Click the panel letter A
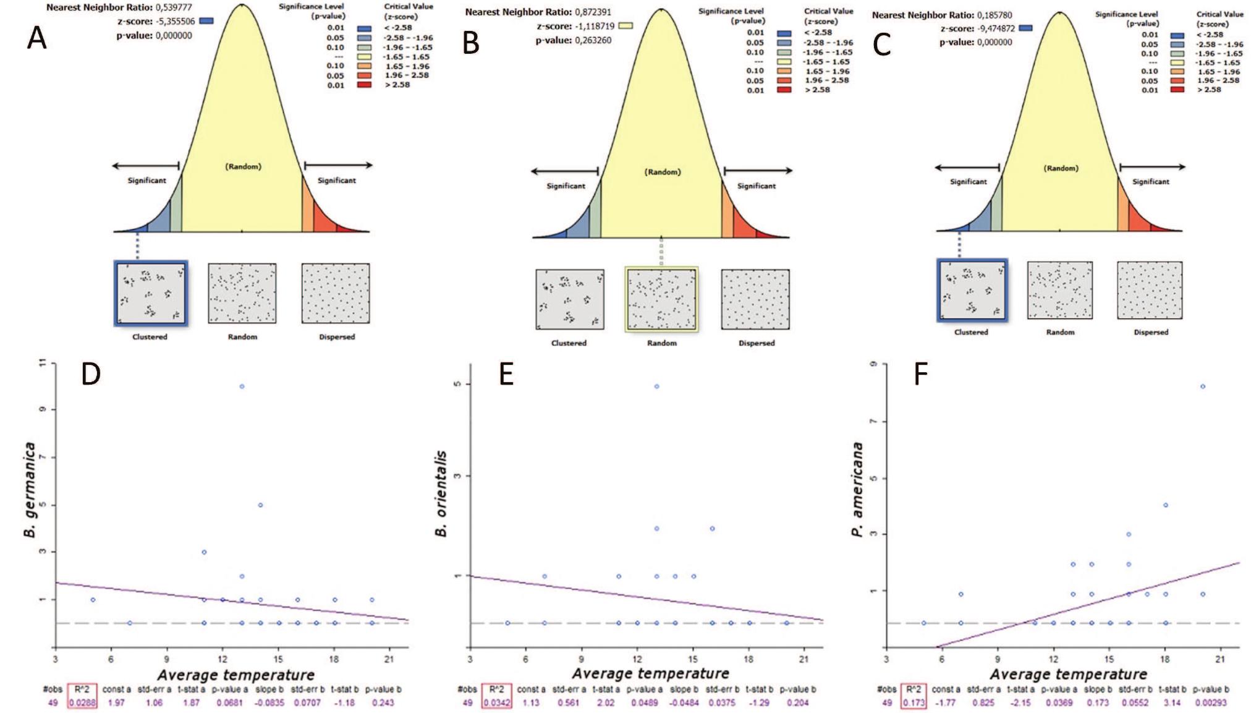(37, 39)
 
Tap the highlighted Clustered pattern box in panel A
(150, 293)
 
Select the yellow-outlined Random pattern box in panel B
(661, 299)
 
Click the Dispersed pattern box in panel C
(1150, 290)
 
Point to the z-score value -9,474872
(995, 28)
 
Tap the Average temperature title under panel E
(650, 673)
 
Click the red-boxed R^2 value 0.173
(914, 702)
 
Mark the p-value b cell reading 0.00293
(1210, 702)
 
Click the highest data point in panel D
(242, 386)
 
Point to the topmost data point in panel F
(1203, 386)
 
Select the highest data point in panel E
(656, 386)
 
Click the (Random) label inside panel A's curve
(243, 166)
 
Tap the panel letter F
(921, 375)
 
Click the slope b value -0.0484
(684, 702)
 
